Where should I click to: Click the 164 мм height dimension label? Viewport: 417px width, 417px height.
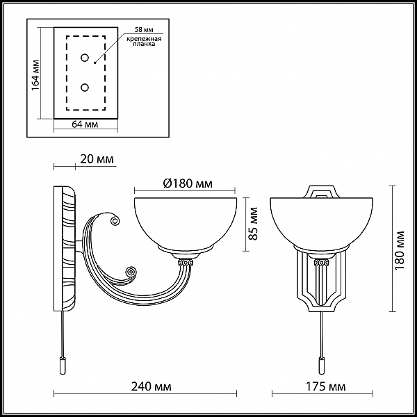click(x=35, y=75)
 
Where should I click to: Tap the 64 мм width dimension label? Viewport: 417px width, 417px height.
click(x=85, y=124)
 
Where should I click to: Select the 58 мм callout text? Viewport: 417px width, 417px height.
click(x=144, y=29)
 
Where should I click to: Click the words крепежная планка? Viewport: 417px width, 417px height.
click(x=144, y=41)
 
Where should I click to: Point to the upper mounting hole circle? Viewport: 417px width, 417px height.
click(x=85, y=58)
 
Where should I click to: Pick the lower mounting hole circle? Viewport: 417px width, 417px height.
click(x=85, y=88)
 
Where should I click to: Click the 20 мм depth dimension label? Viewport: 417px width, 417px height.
click(x=97, y=159)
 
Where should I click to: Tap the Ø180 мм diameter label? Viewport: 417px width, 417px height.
click(x=188, y=183)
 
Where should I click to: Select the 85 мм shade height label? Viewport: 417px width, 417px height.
click(x=254, y=224)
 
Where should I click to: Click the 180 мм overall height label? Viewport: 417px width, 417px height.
click(x=399, y=250)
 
